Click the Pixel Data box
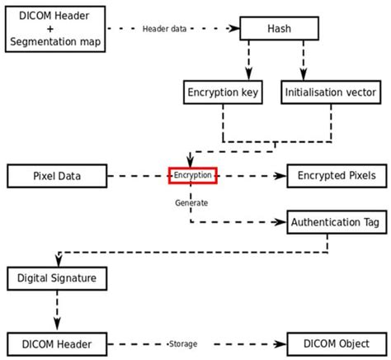(x=57, y=175)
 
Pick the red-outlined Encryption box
(x=192, y=175)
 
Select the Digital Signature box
(x=57, y=277)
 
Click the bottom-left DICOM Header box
(x=57, y=343)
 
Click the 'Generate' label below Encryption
(x=191, y=201)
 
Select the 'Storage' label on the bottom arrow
(x=183, y=343)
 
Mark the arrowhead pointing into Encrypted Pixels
(x=280, y=175)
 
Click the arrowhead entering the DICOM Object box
(x=280, y=343)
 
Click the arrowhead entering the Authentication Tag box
(x=280, y=221)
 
